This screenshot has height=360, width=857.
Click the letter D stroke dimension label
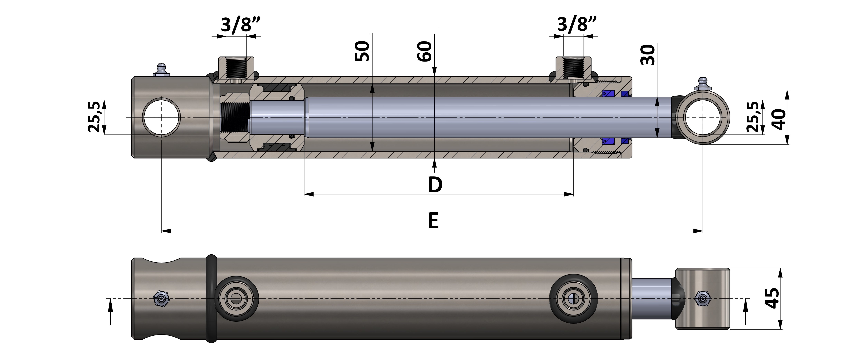pos(435,185)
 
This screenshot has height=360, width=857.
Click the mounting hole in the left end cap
pos(161,117)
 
